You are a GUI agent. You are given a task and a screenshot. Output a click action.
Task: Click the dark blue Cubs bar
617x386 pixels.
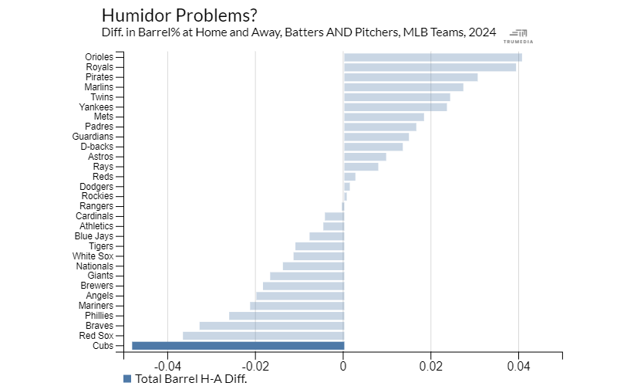238,346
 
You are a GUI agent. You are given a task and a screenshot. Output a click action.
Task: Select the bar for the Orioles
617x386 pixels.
432,57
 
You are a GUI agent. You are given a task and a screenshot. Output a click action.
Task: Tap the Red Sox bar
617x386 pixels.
263,336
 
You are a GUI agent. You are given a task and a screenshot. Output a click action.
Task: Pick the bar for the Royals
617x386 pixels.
430,67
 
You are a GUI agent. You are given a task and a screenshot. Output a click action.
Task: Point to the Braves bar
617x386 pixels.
271,326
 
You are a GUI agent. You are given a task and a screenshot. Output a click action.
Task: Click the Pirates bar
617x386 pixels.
410,77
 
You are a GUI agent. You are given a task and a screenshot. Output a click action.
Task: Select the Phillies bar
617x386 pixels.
286,316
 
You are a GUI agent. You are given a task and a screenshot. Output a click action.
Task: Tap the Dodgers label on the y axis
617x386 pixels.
96,186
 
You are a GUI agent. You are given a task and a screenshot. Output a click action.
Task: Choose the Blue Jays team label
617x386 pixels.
94,236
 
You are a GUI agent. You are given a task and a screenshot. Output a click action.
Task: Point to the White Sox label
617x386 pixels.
93,256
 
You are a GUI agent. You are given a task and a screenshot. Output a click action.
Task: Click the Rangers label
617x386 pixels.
96,206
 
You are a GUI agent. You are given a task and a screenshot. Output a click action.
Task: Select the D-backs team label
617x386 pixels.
96,147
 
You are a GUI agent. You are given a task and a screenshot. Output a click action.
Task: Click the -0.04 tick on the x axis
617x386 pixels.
168,366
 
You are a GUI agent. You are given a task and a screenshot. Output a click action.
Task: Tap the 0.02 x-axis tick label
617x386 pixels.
430,366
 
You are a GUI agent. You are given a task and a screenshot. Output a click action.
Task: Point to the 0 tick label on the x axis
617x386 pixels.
343,366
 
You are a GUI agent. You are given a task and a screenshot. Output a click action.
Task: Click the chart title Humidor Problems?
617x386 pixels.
179,15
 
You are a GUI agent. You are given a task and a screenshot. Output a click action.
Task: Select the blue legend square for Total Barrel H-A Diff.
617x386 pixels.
127,378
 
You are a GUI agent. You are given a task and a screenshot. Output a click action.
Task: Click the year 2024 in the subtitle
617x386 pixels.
481,32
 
